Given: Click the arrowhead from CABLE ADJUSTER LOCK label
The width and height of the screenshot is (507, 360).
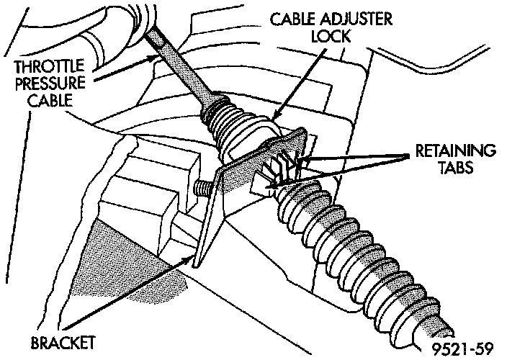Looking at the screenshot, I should click(x=276, y=116).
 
